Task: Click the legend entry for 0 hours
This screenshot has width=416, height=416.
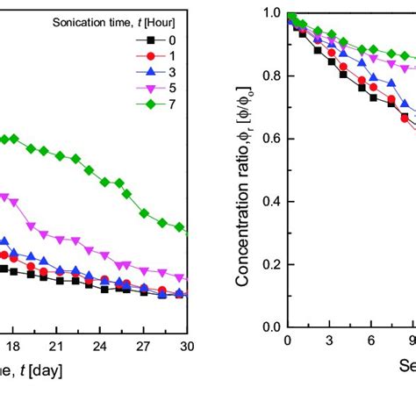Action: [x=150, y=40]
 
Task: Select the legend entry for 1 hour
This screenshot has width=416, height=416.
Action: [x=150, y=57]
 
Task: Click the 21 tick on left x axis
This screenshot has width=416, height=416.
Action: [x=56, y=345]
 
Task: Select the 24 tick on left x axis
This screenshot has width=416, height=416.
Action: [x=100, y=345]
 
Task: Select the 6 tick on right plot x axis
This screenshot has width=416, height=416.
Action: [x=371, y=341]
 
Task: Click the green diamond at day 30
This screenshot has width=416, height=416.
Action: [x=181, y=227]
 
